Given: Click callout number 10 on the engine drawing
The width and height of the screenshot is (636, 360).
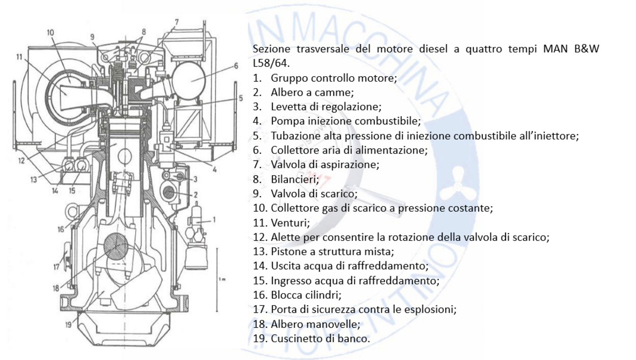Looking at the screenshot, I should click(50, 33).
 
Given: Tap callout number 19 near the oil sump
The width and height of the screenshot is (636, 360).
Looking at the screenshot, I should click(68, 324).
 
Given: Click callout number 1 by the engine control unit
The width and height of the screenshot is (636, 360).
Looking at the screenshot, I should click(214, 219).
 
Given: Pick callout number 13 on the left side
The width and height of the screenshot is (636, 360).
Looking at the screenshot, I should click(33, 180).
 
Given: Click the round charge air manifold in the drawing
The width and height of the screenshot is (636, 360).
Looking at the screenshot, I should click(190, 79).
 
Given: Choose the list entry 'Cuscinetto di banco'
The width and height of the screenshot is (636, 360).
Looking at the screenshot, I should click(320, 339).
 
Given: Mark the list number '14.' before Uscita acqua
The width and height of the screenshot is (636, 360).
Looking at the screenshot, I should click(259, 266).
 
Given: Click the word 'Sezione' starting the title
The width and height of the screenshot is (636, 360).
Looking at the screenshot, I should click(270, 49).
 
